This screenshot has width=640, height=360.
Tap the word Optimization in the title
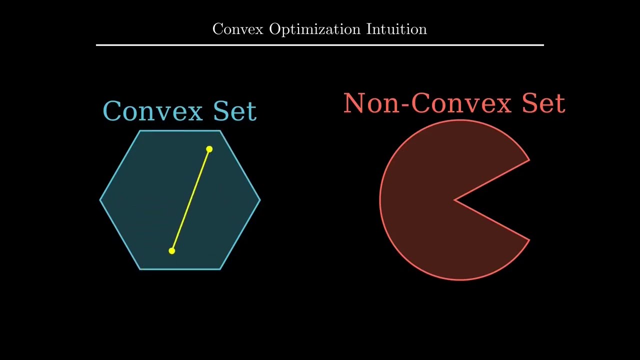pyautogui.click(x=314, y=29)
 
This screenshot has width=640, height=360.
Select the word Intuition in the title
pyautogui.click(x=396, y=29)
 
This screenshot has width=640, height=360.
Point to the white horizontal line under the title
pyautogui.click(x=320, y=45)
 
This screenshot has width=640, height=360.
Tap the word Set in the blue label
pyautogui.click(x=234, y=111)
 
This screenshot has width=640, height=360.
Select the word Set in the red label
pyautogui.click(x=543, y=103)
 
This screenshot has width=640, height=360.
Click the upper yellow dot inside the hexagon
pyautogui.click(x=209, y=149)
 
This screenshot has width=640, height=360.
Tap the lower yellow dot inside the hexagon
pyautogui.click(x=171, y=251)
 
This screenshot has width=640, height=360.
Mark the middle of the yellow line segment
pyautogui.click(x=190, y=200)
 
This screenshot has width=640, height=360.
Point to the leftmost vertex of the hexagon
pyautogui.click(x=100, y=200)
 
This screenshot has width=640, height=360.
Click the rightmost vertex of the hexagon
pyautogui.click(x=260, y=200)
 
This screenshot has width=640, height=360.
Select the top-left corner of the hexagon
pyautogui.click(x=140, y=131)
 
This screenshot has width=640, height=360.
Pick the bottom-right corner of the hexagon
pyautogui.click(x=220, y=269)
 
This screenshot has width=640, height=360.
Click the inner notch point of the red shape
pyautogui.click(x=455, y=200)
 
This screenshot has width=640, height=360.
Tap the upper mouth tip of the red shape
pyautogui.click(x=529, y=160)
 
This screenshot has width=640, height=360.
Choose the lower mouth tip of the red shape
pyautogui.click(x=529, y=240)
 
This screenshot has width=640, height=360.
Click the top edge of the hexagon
pyautogui.click(x=180, y=131)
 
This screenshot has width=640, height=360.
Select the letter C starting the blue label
pyautogui.click(x=112, y=111)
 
